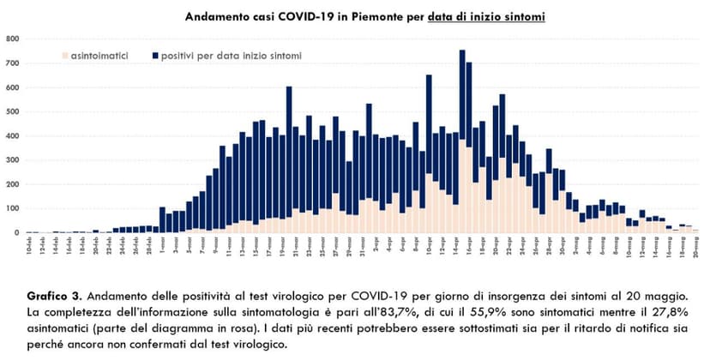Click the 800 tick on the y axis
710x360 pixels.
coord(14,39)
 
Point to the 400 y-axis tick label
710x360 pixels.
coord(14,135)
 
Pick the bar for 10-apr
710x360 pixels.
coord(429,154)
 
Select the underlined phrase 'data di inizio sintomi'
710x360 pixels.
coord(487,16)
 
